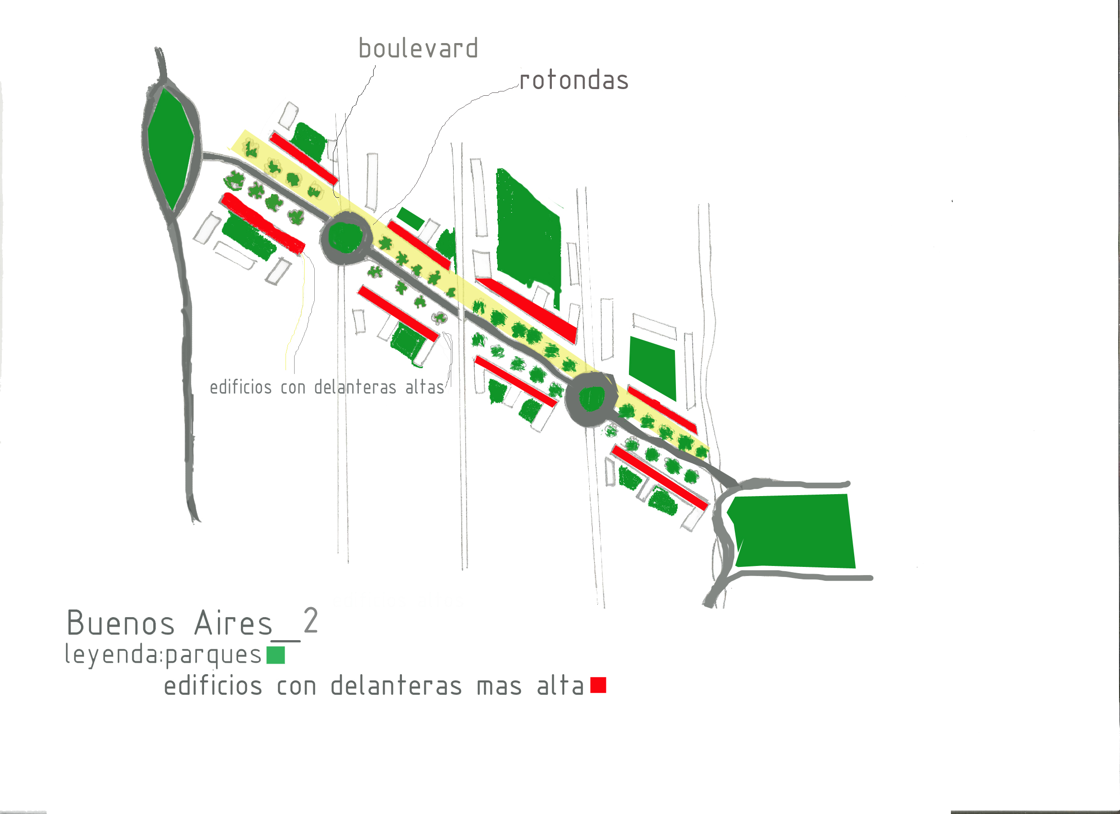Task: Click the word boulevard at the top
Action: click(418, 49)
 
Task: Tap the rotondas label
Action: click(574, 80)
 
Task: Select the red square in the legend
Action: click(598, 685)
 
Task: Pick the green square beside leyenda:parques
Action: click(275, 655)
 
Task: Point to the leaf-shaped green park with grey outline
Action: click(171, 148)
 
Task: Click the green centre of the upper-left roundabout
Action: click(346, 237)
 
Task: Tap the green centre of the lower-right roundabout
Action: click(592, 398)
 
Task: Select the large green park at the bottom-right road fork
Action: click(793, 531)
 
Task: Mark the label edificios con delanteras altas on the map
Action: click(327, 387)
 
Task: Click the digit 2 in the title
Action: click(310, 621)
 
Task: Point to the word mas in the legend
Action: click(499, 687)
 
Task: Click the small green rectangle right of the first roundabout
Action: click(411, 218)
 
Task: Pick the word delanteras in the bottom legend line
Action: click(396, 686)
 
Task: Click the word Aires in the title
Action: click(233, 623)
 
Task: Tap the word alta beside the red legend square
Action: click(560, 686)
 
